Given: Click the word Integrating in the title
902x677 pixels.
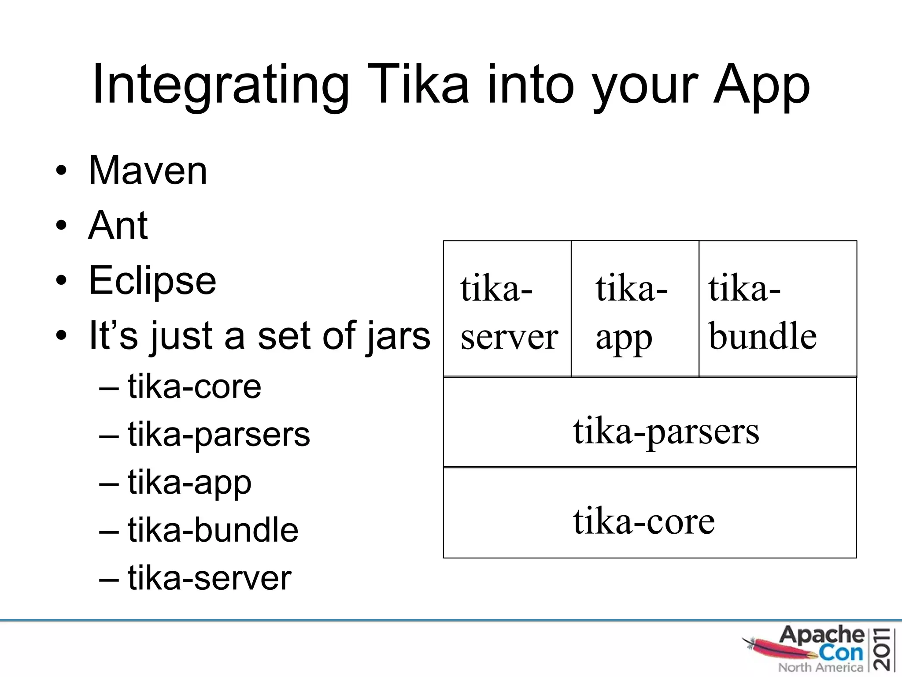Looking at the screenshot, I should [221, 85].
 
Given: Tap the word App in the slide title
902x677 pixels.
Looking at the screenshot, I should [762, 85].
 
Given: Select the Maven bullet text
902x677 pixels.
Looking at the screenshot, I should [148, 171].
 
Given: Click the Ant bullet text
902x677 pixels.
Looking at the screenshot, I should [118, 225].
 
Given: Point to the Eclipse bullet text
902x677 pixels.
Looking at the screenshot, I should [152, 280].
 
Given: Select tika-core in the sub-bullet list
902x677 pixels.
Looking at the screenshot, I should [194, 387].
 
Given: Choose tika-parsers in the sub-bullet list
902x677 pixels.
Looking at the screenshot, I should [219, 435].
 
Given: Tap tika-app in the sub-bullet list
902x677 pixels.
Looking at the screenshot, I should [189, 483].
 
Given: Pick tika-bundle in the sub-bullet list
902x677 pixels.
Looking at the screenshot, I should [213, 530].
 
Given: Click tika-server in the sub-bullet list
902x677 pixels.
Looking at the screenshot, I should [209, 578].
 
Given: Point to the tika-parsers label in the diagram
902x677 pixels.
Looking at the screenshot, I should [666, 431].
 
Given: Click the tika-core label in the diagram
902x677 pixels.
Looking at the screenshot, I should [643, 521].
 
